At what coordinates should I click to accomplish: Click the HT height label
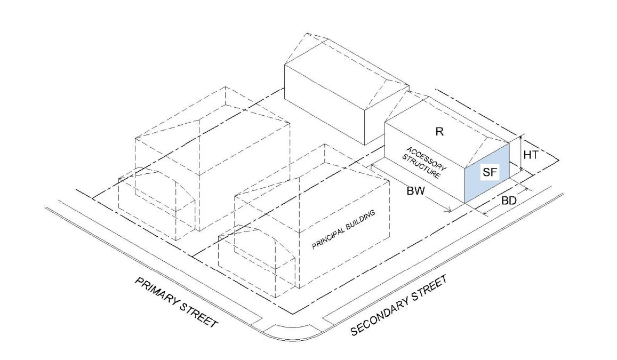[x=531, y=155]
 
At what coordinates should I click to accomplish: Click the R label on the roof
[x=439, y=132]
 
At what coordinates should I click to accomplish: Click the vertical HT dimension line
[x=520, y=155]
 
